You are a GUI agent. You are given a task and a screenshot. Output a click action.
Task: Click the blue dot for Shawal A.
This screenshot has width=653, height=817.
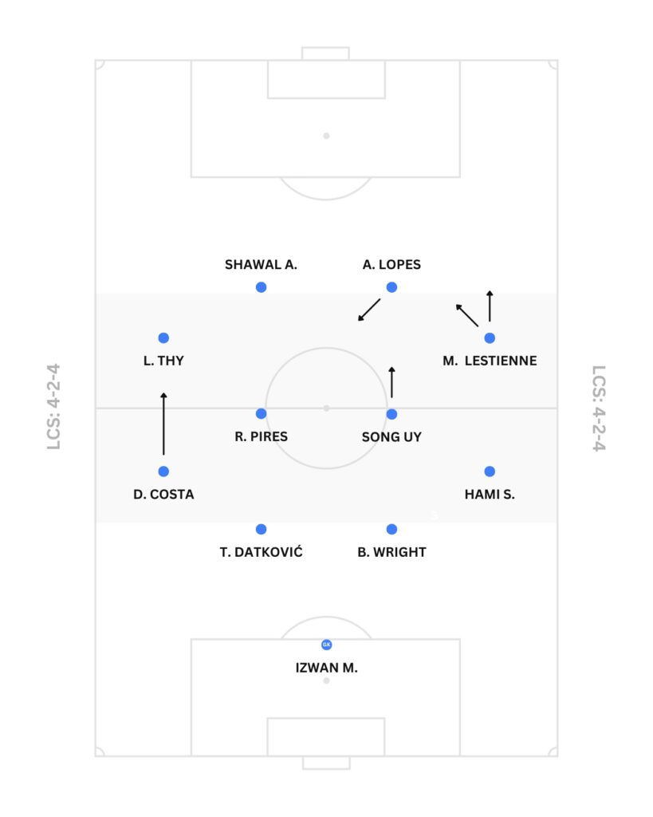[x=261, y=287]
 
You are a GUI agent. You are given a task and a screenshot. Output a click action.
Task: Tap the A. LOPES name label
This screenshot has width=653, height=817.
[x=391, y=265]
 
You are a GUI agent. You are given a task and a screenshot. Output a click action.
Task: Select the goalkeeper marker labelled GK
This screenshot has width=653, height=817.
[x=326, y=644]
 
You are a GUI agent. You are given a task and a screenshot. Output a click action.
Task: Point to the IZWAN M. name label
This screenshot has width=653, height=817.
[x=326, y=669]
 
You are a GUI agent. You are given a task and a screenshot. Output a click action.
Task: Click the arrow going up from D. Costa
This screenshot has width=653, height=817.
[x=163, y=424]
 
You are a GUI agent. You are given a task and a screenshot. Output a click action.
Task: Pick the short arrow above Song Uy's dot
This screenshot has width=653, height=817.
[x=391, y=382]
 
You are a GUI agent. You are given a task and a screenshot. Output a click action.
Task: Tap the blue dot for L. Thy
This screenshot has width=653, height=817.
[x=163, y=338]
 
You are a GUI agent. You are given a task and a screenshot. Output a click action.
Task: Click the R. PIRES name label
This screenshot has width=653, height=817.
[x=262, y=437]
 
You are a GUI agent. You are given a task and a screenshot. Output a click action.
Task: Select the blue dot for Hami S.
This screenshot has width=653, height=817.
[x=490, y=472]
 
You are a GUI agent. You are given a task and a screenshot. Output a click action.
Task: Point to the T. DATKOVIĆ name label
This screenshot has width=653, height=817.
[x=262, y=552]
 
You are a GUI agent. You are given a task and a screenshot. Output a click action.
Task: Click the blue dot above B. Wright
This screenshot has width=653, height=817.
[x=391, y=529]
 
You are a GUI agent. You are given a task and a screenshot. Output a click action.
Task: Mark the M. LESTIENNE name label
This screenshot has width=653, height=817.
[x=490, y=361]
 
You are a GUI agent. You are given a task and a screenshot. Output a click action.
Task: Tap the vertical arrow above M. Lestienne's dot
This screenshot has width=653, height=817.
[x=490, y=306]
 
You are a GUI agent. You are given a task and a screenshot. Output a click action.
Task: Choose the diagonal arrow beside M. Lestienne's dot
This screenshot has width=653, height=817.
[x=467, y=315]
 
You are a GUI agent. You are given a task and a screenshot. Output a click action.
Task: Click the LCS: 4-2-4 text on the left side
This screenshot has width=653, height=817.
[x=54, y=408]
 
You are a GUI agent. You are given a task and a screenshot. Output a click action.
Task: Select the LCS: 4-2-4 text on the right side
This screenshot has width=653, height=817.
[x=599, y=408]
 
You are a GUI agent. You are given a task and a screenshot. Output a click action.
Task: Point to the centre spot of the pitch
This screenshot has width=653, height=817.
[x=326, y=408]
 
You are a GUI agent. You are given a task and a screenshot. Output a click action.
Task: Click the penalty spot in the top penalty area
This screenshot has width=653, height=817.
[x=326, y=136]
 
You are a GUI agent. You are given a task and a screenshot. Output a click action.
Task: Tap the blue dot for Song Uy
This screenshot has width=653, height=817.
[x=391, y=414]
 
